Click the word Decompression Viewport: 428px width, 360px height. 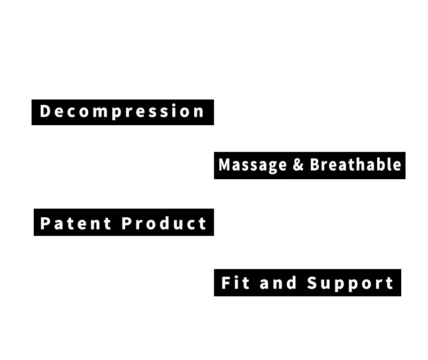(122, 112)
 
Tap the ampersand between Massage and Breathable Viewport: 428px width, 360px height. (298, 164)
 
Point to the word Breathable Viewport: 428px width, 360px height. (355, 164)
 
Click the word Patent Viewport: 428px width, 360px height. (75, 223)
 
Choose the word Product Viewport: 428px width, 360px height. (164, 223)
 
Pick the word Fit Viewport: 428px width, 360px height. (235, 282)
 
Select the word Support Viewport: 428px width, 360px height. (350, 283)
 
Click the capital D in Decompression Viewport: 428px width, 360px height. (45, 111)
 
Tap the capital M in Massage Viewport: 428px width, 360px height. (225, 165)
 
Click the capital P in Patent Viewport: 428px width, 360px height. (45, 223)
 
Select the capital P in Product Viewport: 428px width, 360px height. (127, 223)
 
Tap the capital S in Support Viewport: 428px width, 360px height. (312, 282)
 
